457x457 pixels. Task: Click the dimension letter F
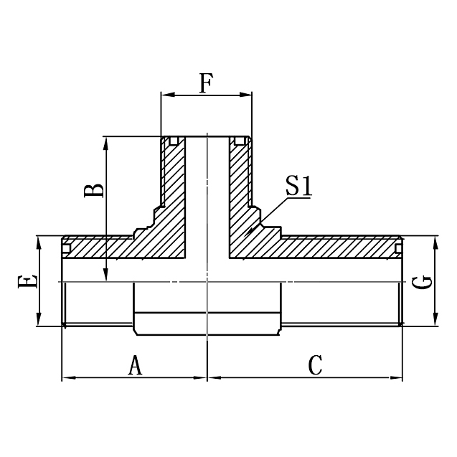[x=206, y=84]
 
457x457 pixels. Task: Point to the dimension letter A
[x=135, y=366]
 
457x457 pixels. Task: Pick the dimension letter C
[x=314, y=366]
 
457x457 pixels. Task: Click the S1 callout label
[x=298, y=187]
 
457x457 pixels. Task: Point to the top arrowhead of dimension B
[x=106, y=141]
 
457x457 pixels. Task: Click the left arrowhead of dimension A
[x=67, y=378]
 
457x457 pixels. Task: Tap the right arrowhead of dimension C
[x=397, y=378]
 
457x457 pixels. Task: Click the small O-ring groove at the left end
[x=66, y=249]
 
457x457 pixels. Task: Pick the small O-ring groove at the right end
[x=397, y=249]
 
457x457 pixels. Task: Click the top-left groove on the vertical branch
[x=172, y=141]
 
